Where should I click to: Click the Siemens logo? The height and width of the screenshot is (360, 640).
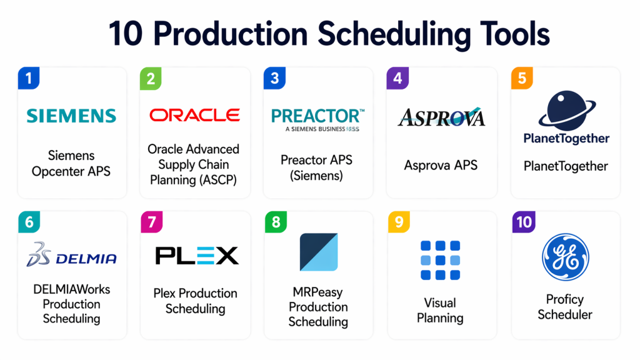click(71, 116)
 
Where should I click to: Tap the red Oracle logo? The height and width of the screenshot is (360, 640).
click(195, 116)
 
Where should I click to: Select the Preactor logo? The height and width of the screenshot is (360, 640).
click(317, 120)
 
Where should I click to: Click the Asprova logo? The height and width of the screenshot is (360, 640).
click(441, 117)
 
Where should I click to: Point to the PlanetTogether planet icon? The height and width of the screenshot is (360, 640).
click(567, 108)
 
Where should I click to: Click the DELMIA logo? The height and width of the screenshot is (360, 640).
click(71, 255)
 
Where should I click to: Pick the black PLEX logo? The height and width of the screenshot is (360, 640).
click(197, 256)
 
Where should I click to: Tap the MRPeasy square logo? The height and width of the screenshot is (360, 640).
click(319, 252)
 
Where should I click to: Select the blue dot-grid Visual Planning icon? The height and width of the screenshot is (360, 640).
click(441, 260)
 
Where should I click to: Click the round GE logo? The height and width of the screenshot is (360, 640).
click(565, 257)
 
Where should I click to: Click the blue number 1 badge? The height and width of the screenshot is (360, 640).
click(29, 78)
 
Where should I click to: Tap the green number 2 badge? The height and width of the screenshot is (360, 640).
click(151, 78)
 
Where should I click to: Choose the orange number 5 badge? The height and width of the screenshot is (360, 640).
click(522, 78)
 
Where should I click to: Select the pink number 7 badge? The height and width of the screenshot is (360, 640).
click(152, 222)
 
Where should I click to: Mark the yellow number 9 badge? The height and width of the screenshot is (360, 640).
click(399, 222)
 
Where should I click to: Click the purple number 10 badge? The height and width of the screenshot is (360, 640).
click(524, 222)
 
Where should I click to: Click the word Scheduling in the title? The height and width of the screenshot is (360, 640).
click(394, 35)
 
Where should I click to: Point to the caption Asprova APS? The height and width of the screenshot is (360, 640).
click(441, 165)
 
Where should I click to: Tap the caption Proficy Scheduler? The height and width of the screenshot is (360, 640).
click(565, 307)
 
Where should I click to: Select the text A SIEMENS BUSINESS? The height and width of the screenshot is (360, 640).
click(316, 129)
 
